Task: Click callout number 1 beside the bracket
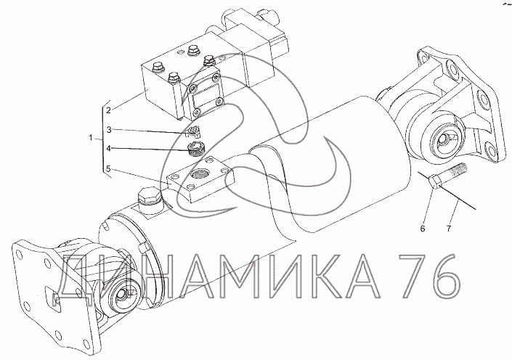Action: coord(91,138)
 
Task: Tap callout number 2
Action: coord(109,110)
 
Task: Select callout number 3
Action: coord(109,130)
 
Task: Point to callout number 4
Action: coord(109,149)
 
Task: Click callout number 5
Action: coord(109,168)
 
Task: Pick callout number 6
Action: coord(423,229)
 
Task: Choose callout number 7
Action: coord(449,229)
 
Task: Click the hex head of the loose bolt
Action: coord(434,181)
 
